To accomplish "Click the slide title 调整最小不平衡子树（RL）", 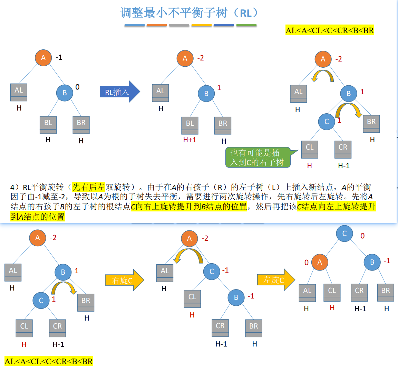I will (189, 13).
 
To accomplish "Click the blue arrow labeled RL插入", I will (119, 92).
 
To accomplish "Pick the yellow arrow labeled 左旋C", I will (276, 280).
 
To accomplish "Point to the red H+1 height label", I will (190, 140).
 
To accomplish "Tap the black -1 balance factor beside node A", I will (59, 57).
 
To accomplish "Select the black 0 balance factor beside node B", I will (77, 87).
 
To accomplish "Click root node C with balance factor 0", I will (344, 234).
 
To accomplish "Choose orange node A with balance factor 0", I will (320, 262).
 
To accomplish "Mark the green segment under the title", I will (246, 25).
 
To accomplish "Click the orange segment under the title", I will (156, 25).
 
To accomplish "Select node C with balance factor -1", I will (212, 272).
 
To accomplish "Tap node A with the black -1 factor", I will (43, 58).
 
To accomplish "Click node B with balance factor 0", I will (65, 93).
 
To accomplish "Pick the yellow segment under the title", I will (201, 25).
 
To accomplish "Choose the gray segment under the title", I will (179, 25).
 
